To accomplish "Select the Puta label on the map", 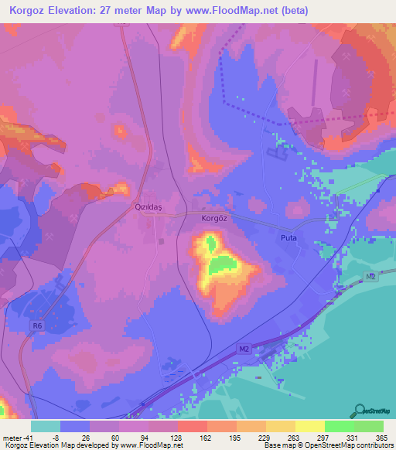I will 288,239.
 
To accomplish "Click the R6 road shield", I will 37,326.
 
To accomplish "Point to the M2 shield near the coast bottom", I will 244,350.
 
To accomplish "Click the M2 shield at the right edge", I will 370,277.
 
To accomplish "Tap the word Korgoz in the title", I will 26,10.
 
